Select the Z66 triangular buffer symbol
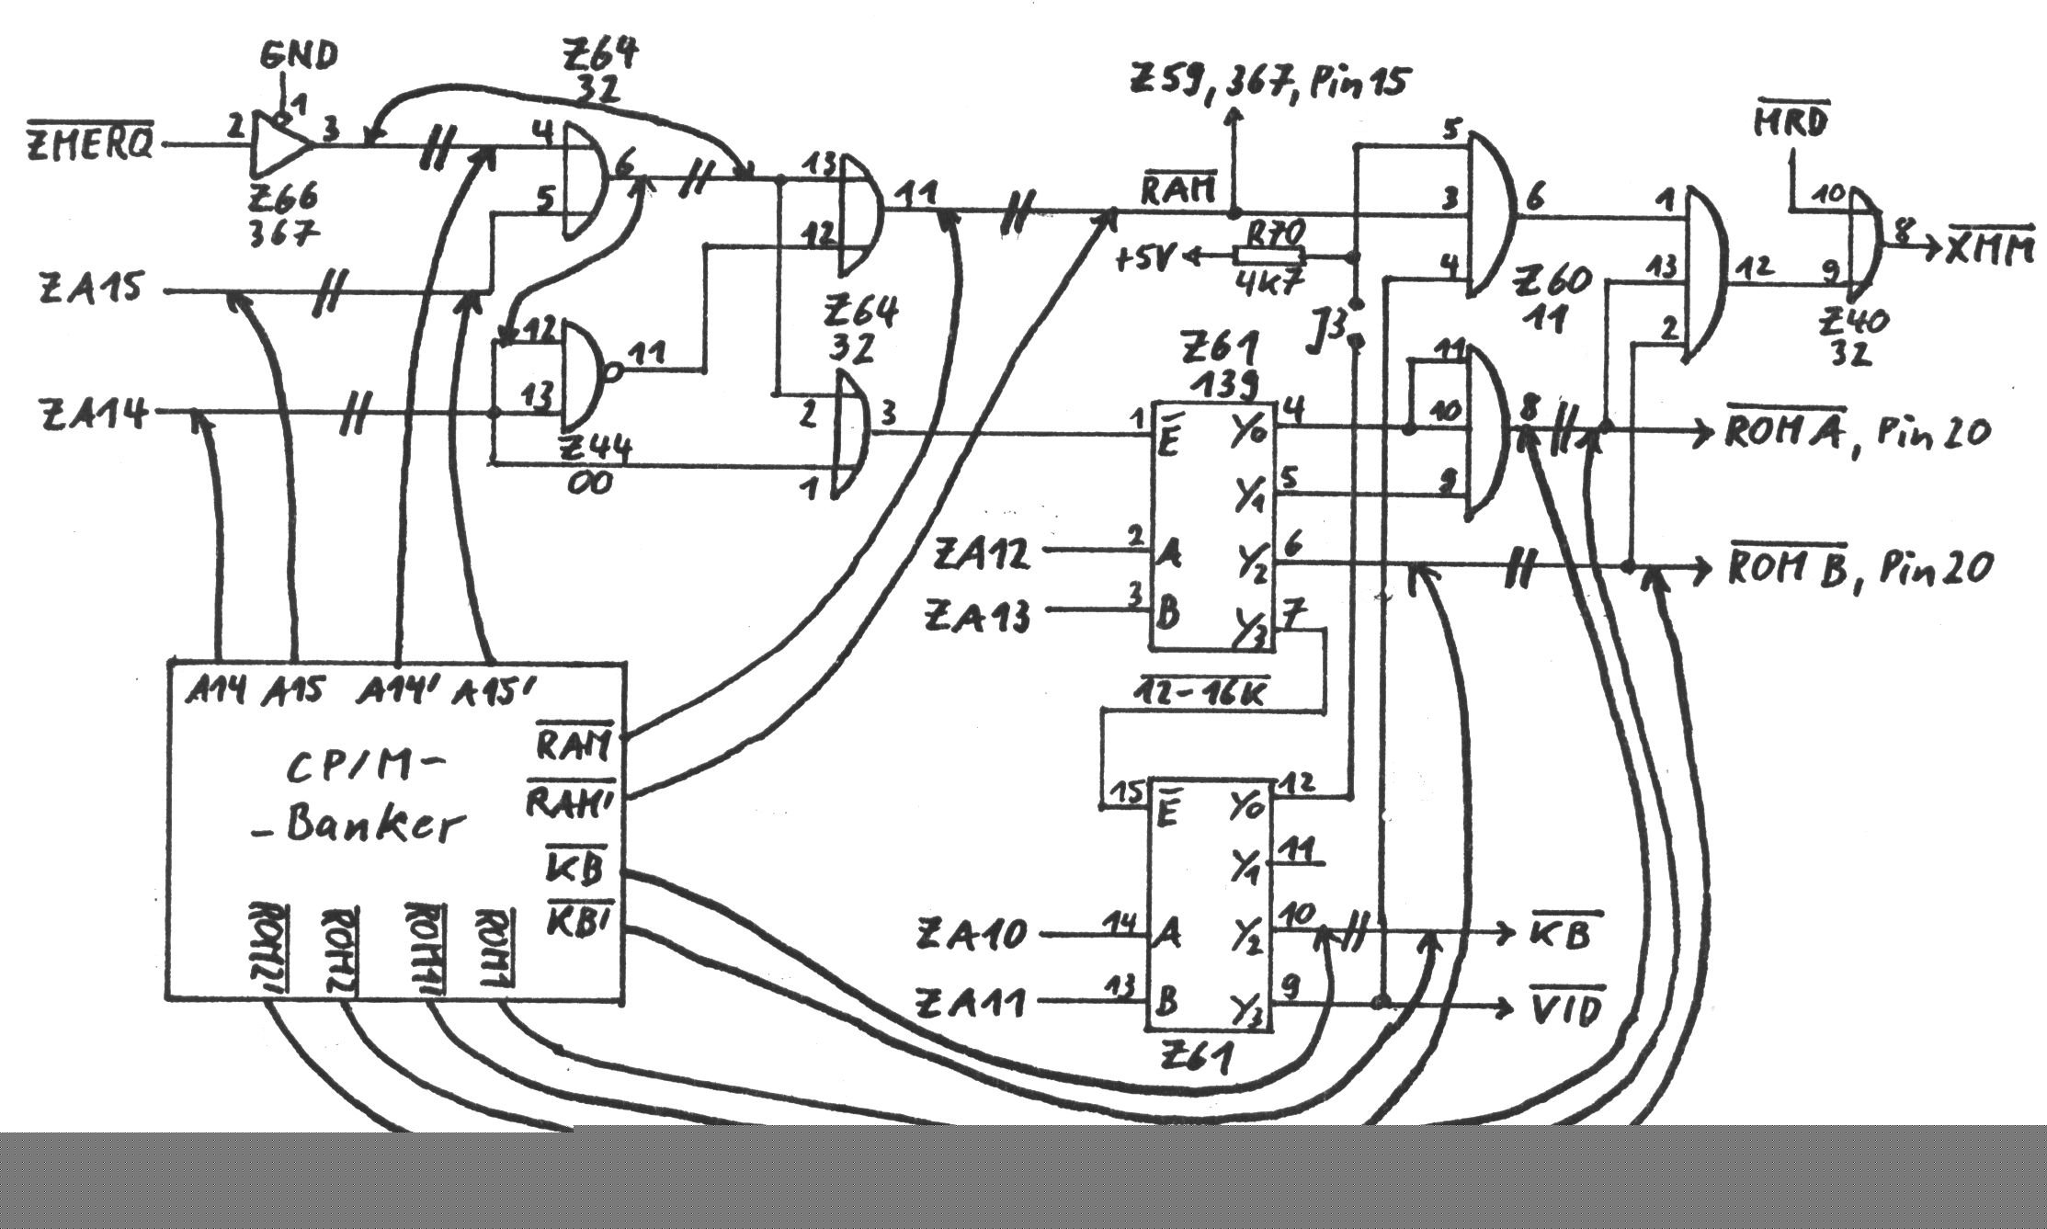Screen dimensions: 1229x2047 pos(281,145)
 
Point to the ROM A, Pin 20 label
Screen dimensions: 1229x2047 pos(1857,432)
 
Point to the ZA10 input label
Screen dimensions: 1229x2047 pos(971,936)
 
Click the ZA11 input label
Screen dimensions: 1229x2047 pos(971,1003)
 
